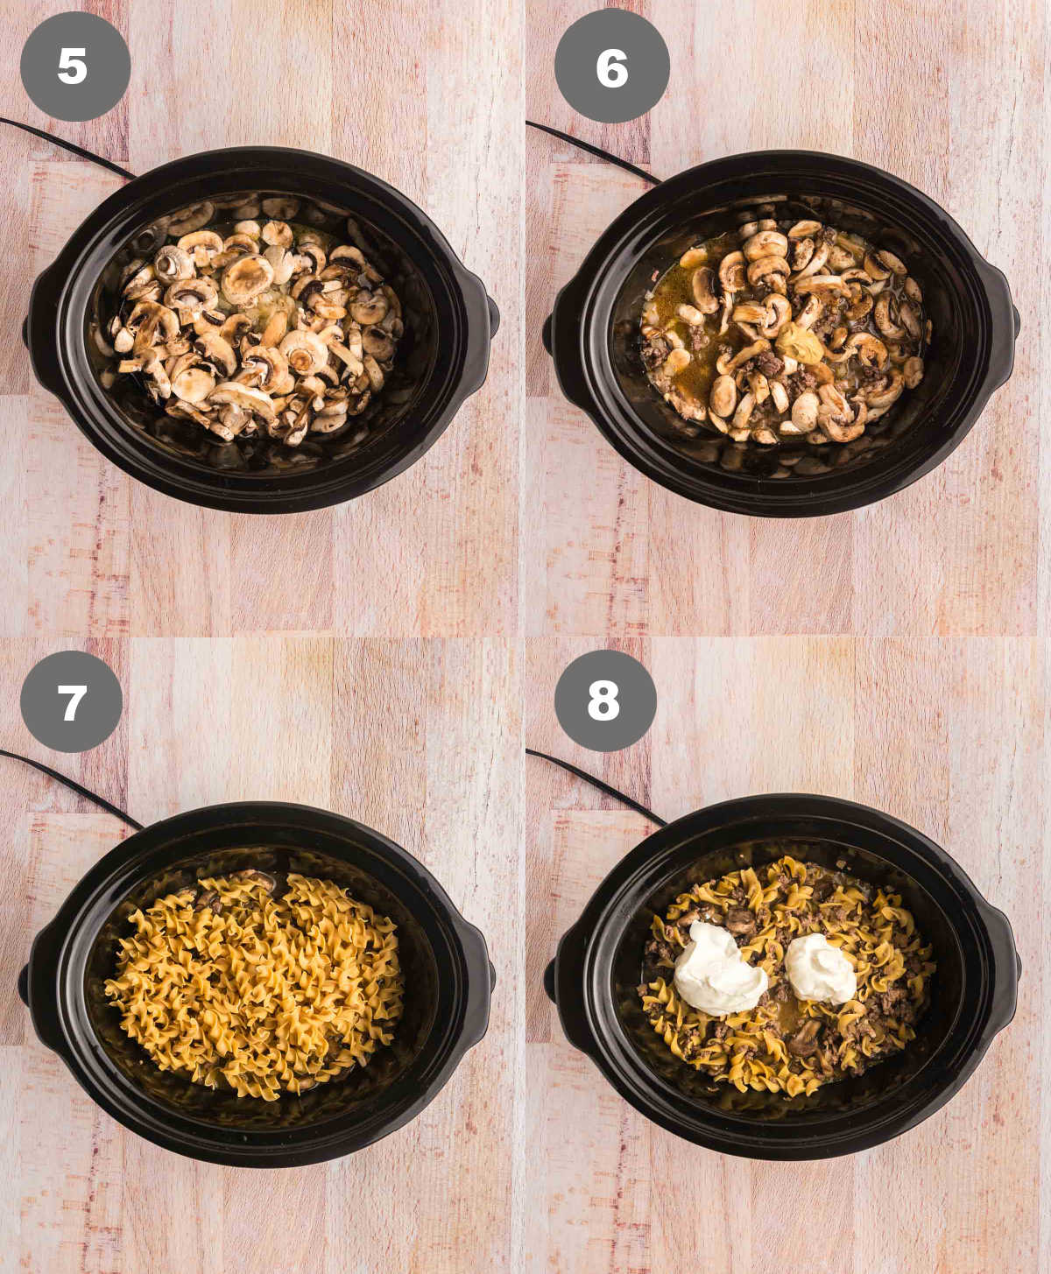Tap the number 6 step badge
(611, 66)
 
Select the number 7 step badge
(72, 701)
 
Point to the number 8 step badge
(605, 700)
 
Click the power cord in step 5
(67, 146)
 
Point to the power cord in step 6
(592, 150)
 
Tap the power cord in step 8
(595, 786)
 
